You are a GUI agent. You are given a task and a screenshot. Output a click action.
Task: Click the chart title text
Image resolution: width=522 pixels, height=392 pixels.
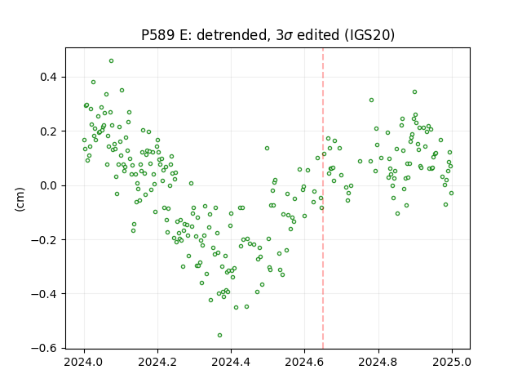(x=268, y=35)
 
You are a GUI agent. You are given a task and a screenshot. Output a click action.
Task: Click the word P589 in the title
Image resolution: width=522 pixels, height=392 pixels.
(x=157, y=35)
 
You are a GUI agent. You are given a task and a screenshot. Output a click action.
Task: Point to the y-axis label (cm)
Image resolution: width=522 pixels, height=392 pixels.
(x=20, y=199)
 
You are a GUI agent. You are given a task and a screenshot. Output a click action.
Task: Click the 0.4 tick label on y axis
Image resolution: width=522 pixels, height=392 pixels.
(x=49, y=77)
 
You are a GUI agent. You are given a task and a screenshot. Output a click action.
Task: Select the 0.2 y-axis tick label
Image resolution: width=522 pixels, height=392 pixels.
(x=49, y=131)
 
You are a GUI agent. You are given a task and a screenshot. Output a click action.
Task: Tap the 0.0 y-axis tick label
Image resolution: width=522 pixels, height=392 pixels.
(x=49, y=185)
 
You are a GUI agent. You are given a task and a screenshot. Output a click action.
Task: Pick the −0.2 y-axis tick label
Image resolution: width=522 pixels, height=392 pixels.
(x=44, y=239)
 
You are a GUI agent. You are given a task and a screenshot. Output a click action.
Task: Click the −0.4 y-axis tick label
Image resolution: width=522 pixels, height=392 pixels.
(x=44, y=294)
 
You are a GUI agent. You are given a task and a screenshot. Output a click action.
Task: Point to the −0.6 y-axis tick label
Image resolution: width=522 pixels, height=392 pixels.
(x=44, y=348)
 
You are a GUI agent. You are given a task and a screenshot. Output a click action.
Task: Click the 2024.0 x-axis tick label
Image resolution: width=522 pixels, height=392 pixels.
(x=84, y=362)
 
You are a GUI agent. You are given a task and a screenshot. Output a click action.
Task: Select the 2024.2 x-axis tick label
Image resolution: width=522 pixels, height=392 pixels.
(x=157, y=362)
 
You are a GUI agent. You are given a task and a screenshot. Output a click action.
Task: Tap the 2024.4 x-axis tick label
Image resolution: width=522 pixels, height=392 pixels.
(x=231, y=362)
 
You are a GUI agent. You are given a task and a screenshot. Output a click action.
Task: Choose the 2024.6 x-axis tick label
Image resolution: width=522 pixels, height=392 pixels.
(x=304, y=362)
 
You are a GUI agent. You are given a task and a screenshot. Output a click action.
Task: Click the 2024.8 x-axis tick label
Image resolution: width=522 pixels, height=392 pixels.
(x=378, y=362)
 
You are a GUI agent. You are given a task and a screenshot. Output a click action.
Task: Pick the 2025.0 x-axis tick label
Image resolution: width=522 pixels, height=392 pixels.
(x=452, y=362)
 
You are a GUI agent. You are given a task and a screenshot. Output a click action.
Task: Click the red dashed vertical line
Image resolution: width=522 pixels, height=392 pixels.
(x=323, y=198)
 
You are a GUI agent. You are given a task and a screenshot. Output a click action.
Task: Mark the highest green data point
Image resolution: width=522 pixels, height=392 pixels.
(x=111, y=61)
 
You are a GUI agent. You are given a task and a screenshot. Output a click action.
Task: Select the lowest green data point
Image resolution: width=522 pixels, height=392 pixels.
(x=219, y=336)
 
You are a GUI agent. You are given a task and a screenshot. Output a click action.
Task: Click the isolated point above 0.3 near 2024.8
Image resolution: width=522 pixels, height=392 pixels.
(x=372, y=100)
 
